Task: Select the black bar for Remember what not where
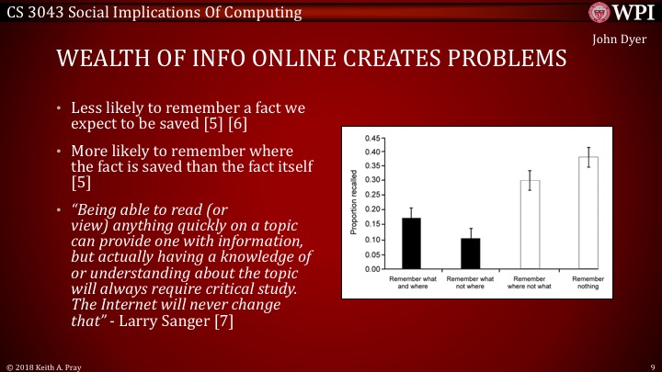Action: pyautogui.click(x=470, y=254)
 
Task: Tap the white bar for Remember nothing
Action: pyautogui.click(x=588, y=213)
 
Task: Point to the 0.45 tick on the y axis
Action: pyautogui.click(x=382, y=138)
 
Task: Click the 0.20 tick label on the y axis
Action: pyautogui.click(x=371, y=210)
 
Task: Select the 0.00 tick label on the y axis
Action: pyautogui.click(x=371, y=269)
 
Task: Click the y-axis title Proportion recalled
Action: pyautogui.click(x=354, y=203)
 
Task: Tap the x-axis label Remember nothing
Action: pyautogui.click(x=588, y=283)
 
